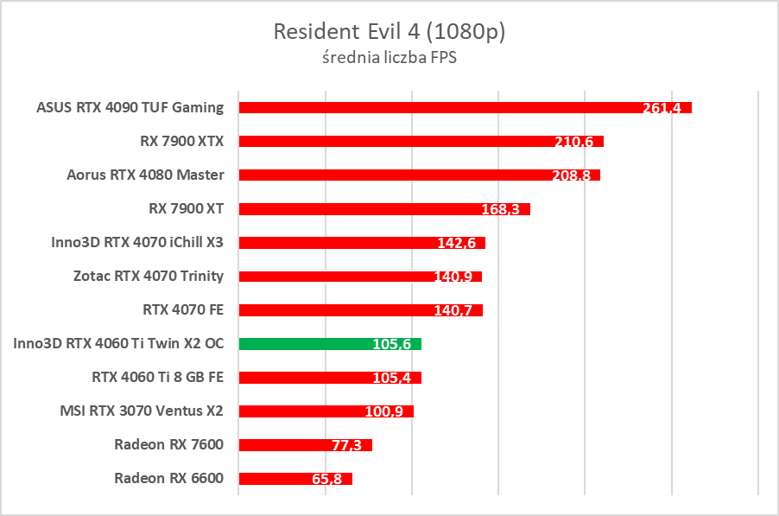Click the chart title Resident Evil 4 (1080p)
[x=389, y=32]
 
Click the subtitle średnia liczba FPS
[x=389, y=59]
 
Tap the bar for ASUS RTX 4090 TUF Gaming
[x=432, y=107]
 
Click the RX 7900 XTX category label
[x=181, y=141]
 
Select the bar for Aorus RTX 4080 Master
[x=389, y=175]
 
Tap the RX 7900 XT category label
[x=186, y=208]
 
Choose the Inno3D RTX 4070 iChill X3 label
[x=137, y=242]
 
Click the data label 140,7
[x=453, y=310]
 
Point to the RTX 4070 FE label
[x=183, y=309]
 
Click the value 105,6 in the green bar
[x=392, y=344]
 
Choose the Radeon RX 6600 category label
[x=168, y=478]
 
